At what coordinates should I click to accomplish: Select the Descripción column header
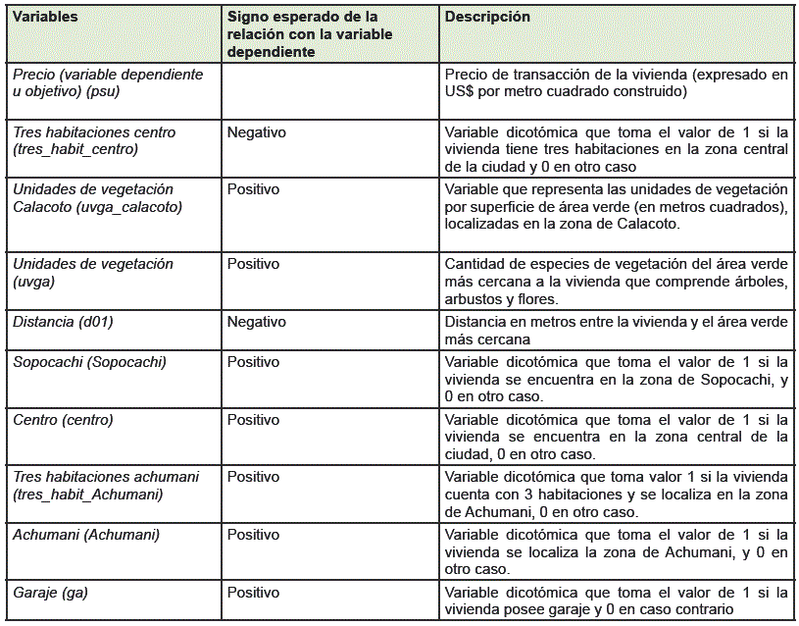[x=487, y=18]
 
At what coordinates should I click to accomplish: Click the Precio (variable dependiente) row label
[x=108, y=83]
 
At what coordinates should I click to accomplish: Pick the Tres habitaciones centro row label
[x=94, y=140]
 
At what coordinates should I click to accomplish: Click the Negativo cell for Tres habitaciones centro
[x=256, y=132]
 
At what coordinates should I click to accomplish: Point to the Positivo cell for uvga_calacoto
[x=253, y=189]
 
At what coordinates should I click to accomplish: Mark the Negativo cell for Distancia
[x=256, y=322]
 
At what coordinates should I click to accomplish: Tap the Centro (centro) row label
[x=63, y=420]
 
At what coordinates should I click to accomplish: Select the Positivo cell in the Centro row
[x=253, y=420]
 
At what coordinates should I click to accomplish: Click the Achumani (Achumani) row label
[x=86, y=535]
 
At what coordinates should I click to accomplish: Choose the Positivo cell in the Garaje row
[x=253, y=593]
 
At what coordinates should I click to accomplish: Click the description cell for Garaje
[x=616, y=600]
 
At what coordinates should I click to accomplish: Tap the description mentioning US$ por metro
[x=616, y=83]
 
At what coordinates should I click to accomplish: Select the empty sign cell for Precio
[x=330, y=91]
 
